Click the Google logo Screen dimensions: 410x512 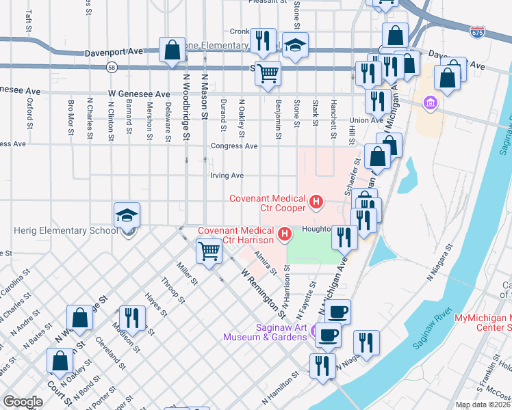pyautogui.click(x=23, y=402)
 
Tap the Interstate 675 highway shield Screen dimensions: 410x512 pyautogui.click(x=477, y=32)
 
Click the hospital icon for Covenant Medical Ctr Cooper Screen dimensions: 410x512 pyautogui.click(x=316, y=202)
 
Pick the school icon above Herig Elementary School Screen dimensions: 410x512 pyautogui.click(x=127, y=215)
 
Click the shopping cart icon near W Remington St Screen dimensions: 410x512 pyautogui.click(x=209, y=251)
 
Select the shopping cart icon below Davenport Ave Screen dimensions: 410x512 pyautogui.click(x=268, y=72)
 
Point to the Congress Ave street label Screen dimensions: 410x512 pyautogui.click(x=234, y=146)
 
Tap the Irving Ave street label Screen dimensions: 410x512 pyautogui.click(x=227, y=176)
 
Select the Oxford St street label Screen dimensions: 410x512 pyautogui.click(x=30, y=113)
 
